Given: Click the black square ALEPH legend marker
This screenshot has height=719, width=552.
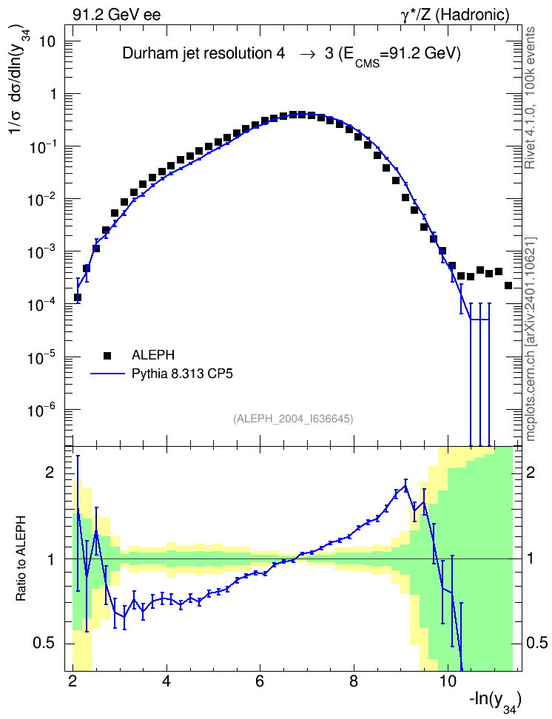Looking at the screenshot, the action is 107,355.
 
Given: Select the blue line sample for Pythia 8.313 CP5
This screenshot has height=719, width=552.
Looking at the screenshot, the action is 107,374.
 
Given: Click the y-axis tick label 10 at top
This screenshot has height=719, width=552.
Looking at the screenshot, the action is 46,41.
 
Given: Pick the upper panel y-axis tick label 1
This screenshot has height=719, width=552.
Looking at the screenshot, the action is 53,94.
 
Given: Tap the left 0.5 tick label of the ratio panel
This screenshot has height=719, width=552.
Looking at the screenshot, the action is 44,643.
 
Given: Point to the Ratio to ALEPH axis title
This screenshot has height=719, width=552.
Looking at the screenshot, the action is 21,558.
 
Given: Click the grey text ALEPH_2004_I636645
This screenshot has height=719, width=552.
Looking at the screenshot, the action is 293,419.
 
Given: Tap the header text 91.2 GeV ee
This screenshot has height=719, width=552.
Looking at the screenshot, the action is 117,15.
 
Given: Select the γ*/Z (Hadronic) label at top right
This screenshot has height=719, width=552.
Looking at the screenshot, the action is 455,15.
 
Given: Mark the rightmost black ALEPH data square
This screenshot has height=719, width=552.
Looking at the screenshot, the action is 508,286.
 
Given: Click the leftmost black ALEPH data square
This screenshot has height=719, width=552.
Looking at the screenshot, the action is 78,297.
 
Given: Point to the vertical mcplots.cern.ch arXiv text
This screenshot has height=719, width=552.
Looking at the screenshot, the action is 531,340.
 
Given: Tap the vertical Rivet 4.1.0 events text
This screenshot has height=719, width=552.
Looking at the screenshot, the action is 530,98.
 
